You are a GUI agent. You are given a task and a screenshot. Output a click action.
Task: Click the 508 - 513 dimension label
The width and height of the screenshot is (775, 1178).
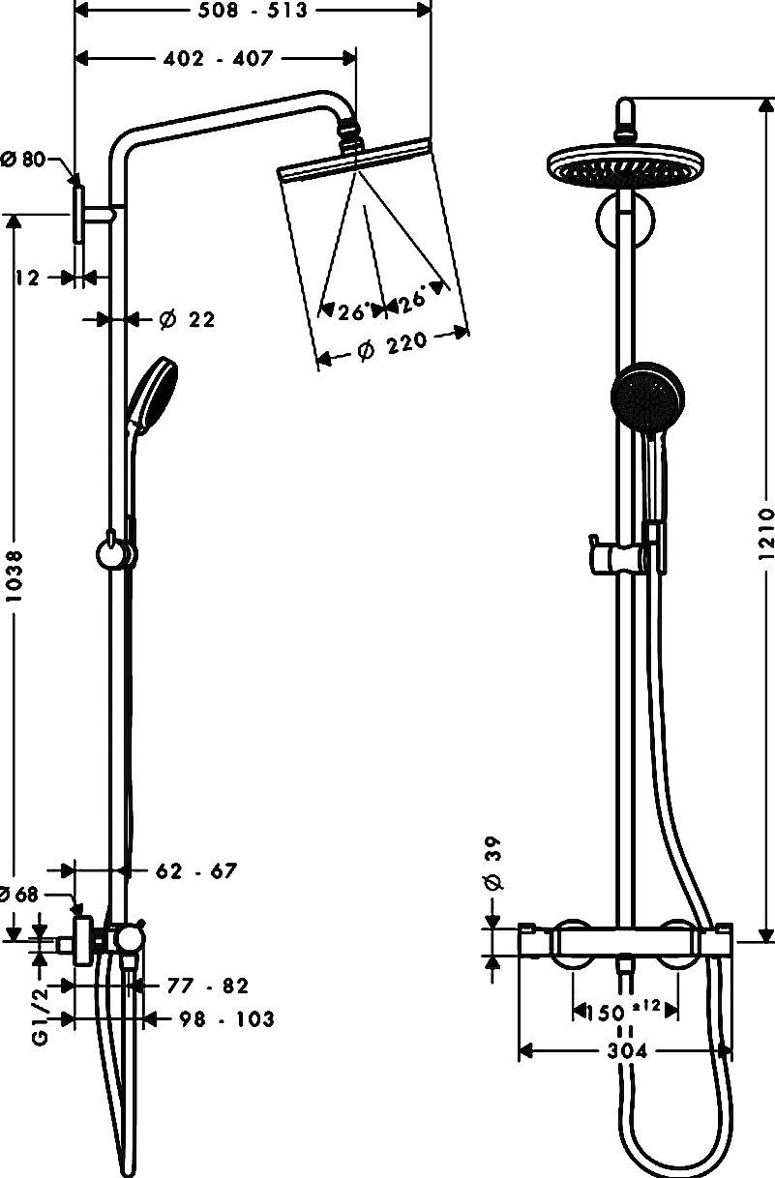pos(253,10)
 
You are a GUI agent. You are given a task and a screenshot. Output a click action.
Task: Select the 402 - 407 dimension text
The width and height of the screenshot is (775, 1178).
pos(219,58)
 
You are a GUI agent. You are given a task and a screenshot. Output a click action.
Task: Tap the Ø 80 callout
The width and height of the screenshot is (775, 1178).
pos(24,159)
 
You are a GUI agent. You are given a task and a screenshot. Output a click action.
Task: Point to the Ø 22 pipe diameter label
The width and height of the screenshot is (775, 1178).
pos(188,319)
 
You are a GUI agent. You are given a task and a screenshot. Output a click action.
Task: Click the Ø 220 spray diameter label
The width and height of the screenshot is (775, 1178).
pos(392,346)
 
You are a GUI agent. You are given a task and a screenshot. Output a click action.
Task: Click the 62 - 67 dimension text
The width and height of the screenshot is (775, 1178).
pos(196,871)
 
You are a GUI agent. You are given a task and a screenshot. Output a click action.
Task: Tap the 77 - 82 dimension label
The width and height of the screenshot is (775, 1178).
pos(207,986)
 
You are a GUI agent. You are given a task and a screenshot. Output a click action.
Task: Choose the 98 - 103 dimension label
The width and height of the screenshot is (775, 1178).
pos(226,1019)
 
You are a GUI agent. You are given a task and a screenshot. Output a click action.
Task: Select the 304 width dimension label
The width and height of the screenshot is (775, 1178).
pos(627,1051)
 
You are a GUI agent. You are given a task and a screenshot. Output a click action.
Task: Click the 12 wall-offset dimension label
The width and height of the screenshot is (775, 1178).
pos(27,278)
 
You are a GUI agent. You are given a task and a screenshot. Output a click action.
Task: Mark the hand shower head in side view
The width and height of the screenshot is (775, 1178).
pos(153,392)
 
